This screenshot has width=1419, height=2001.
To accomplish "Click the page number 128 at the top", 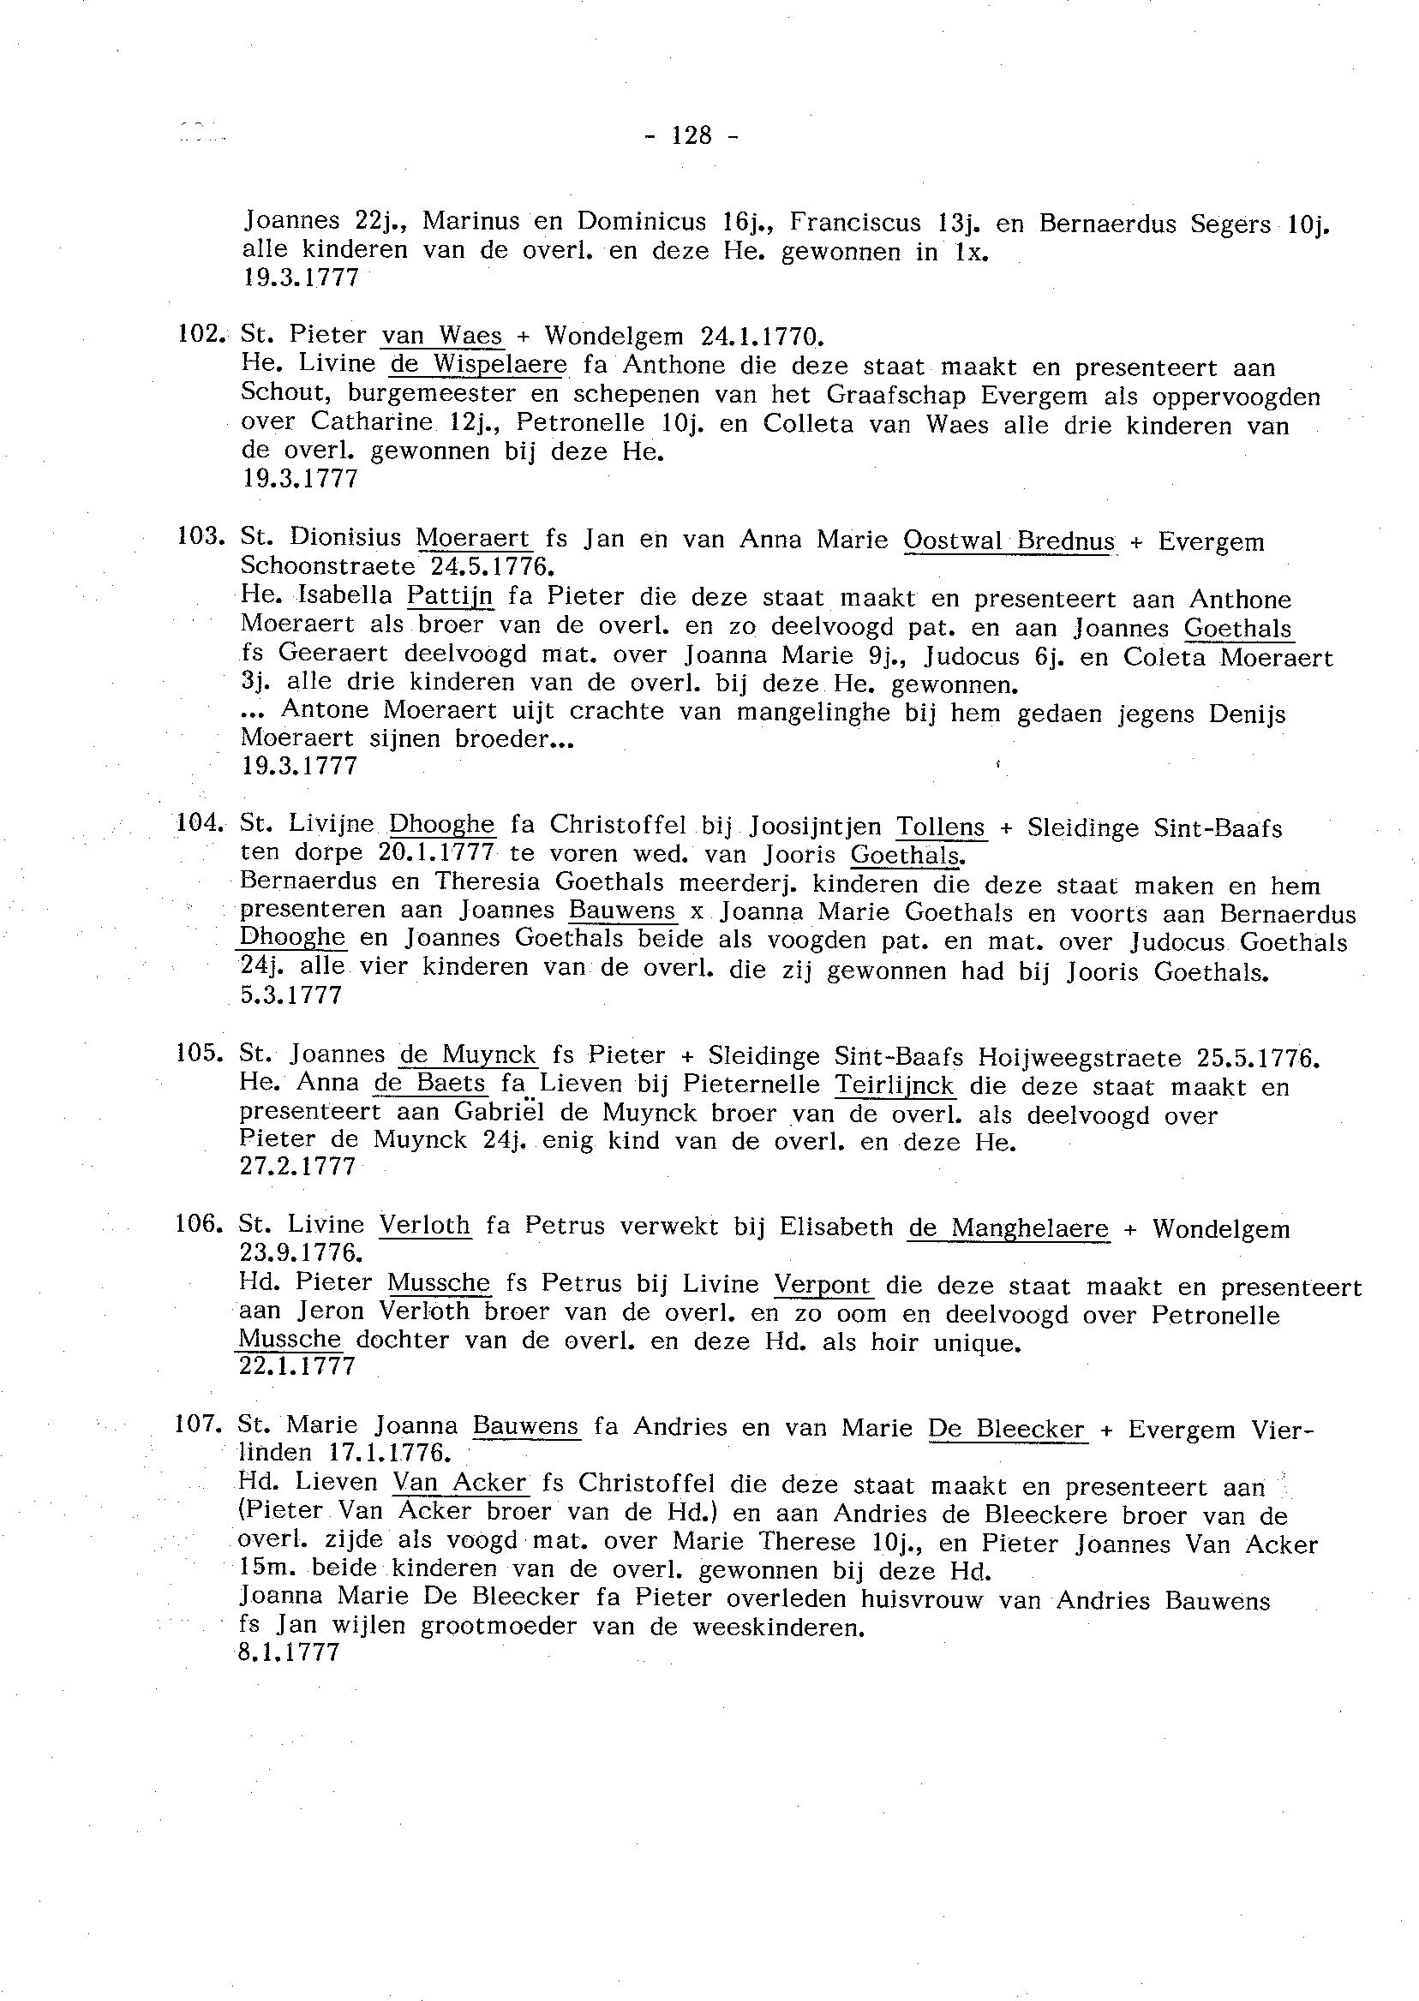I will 692,135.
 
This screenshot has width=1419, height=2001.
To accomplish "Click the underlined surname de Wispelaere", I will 479,364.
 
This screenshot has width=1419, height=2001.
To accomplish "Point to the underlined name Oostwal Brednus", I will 1009,541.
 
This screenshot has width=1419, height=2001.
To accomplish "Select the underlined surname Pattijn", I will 450,596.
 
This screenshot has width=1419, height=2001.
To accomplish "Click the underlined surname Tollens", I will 941,827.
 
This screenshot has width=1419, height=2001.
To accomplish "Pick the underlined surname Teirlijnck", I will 895,1084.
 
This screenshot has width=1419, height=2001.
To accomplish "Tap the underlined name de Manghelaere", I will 1009,1229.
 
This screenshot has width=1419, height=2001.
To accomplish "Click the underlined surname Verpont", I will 823,1286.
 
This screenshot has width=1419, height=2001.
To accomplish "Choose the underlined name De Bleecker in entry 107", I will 1007,1429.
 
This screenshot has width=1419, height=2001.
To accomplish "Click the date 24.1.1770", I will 761,337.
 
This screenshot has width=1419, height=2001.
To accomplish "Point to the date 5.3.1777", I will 291,995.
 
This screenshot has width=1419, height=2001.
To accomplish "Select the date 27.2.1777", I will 298,1167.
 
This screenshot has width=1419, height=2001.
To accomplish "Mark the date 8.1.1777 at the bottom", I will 289,1652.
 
